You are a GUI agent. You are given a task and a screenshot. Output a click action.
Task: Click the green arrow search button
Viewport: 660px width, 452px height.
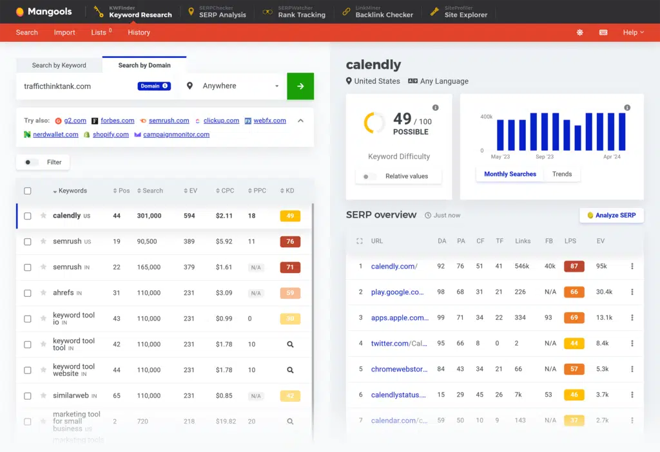pyautogui.click(x=300, y=86)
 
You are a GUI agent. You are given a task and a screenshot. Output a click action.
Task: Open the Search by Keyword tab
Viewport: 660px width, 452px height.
pyautogui.click(x=59, y=65)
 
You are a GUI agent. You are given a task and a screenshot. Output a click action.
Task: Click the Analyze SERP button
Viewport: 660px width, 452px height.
pyautogui.click(x=612, y=215)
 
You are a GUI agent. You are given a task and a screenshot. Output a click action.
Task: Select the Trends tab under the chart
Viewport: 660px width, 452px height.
pyautogui.click(x=562, y=174)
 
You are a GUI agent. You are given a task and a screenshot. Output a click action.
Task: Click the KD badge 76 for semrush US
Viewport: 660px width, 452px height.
pyautogui.click(x=290, y=241)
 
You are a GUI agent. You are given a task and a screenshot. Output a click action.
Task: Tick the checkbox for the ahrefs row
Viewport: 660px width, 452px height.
pyautogui.click(x=28, y=293)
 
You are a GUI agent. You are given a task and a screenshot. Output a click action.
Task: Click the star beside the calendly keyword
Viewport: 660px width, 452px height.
pyautogui.click(x=43, y=216)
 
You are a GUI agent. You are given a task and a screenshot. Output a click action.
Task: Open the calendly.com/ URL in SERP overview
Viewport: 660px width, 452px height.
pyautogui.click(x=394, y=267)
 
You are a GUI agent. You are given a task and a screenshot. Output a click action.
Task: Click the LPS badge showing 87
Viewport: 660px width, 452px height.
pyautogui.click(x=574, y=267)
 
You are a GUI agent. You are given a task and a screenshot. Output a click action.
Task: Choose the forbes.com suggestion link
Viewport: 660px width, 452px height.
pyautogui.click(x=117, y=120)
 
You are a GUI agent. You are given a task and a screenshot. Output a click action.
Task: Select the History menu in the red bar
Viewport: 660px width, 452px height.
pyautogui.click(x=139, y=32)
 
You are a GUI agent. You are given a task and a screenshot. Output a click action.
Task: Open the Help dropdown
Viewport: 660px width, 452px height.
pyautogui.click(x=632, y=32)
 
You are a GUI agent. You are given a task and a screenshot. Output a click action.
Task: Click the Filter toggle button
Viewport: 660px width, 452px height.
pyautogui.click(x=43, y=162)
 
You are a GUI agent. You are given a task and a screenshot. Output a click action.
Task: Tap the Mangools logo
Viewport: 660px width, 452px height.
pyautogui.click(x=44, y=12)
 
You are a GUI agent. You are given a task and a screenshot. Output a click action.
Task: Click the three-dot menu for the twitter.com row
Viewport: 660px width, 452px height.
pyautogui.click(x=632, y=344)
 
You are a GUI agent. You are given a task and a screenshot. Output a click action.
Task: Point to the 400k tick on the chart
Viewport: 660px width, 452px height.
pyautogui.click(x=486, y=117)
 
